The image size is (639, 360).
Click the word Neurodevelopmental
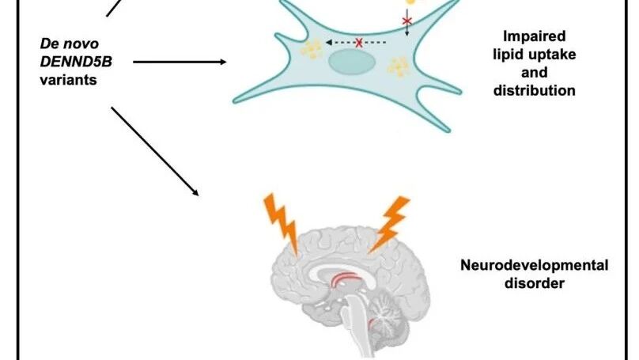point(534,265)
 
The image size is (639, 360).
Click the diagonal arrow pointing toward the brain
point(153,150)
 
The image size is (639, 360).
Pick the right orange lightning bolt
point(391,221)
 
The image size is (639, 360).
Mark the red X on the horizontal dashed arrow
point(359,43)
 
